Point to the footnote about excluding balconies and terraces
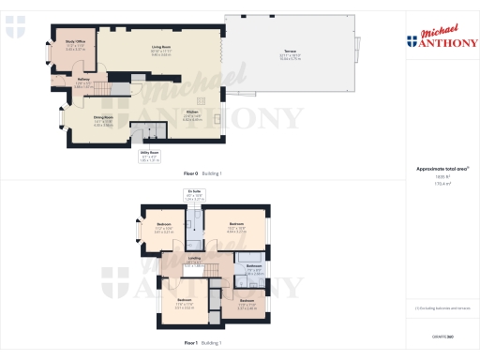pyautogui.click(x=441, y=307)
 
